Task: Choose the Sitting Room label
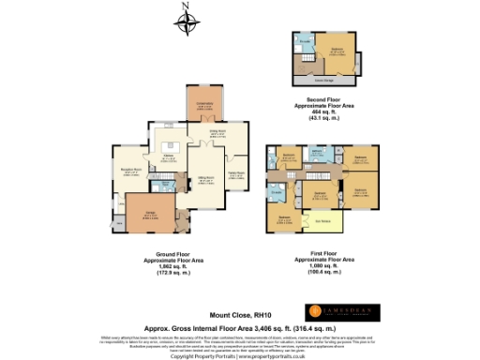(x=203, y=178)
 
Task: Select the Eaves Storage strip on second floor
(x=328, y=81)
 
